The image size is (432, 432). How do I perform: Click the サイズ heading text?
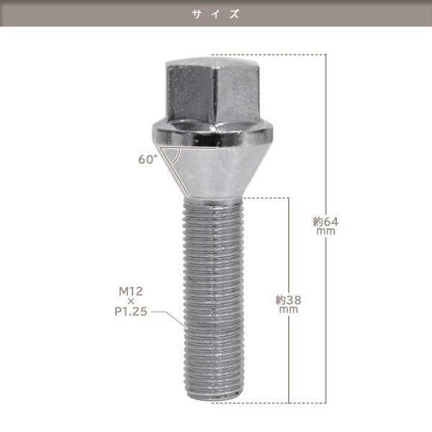216,14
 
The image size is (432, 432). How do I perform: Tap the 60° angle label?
148,159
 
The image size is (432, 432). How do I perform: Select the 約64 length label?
325,222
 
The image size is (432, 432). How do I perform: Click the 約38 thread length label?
289,300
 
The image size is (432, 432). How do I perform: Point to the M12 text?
131,291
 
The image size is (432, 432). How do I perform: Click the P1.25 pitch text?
131,312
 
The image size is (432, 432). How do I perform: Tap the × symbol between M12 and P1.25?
131,302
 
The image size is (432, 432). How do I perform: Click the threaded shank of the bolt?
213,297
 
